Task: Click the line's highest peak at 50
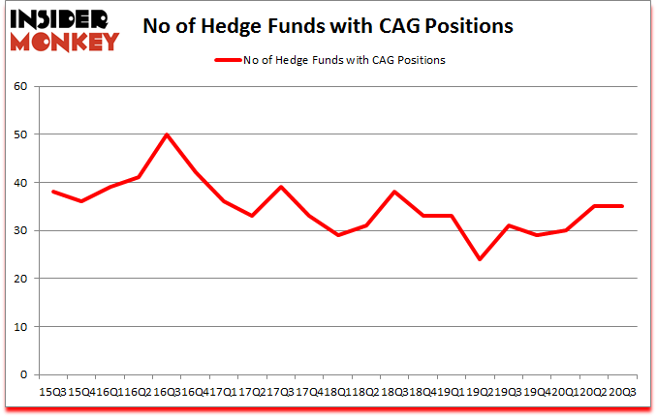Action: pos(167,134)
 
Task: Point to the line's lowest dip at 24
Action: pos(479,259)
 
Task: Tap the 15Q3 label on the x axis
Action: pos(53,393)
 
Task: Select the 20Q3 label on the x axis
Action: pos(623,393)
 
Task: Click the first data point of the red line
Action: pos(53,192)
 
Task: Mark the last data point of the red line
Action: pos(621,206)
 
